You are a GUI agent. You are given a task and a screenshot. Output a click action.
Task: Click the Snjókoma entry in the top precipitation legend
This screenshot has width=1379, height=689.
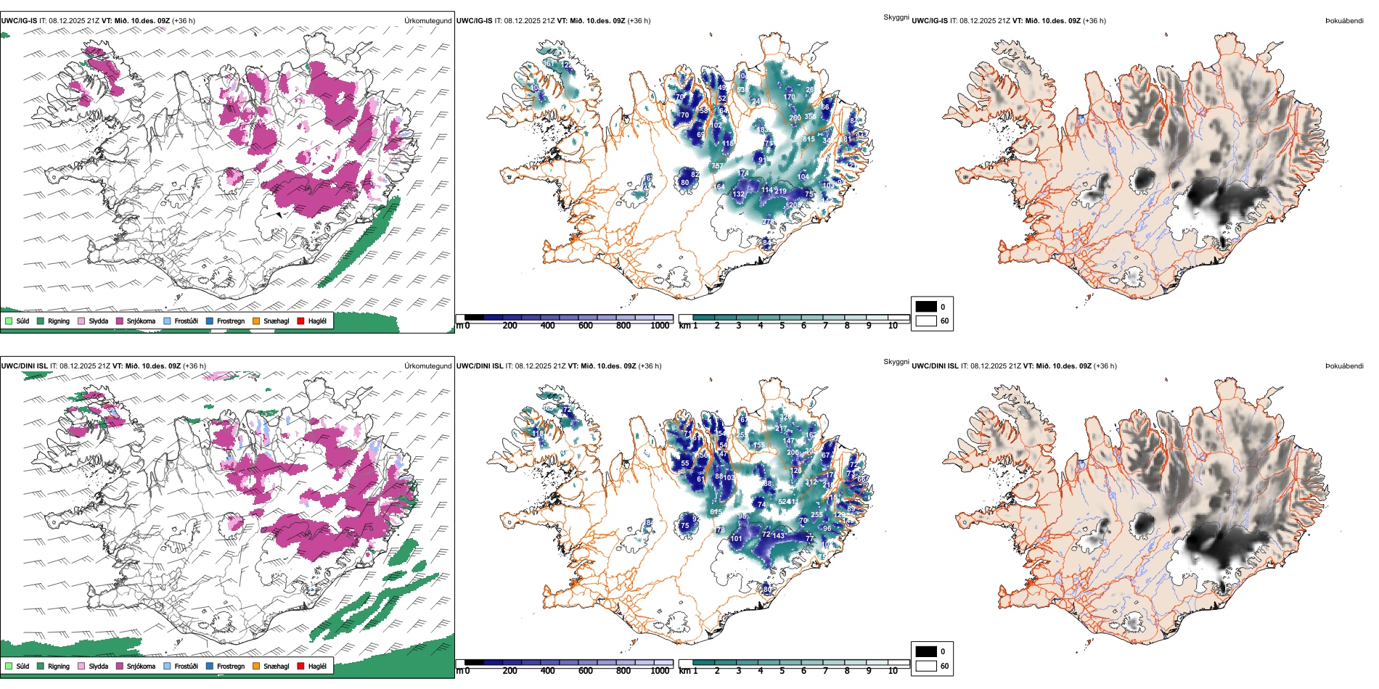[x=141, y=321]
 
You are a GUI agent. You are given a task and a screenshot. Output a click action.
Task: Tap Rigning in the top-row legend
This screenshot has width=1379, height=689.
[x=59, y=321]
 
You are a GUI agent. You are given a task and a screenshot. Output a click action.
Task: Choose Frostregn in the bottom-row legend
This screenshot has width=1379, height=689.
[x=231, y=667]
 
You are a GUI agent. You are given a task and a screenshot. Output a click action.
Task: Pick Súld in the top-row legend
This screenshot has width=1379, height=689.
[x=22, y=321]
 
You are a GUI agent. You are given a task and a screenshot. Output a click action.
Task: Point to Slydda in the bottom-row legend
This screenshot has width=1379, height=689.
[x=98, y=667]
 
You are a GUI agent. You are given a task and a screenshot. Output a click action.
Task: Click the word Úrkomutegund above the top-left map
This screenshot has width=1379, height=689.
[x=427, y=21]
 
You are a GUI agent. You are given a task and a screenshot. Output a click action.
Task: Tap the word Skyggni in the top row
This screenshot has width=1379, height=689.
[x=896, y=17]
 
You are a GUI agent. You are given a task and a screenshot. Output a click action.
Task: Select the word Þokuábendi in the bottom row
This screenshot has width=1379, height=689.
[x=1344, y=366]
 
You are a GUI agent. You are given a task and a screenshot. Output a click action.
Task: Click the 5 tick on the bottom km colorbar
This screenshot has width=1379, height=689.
[x=782, y=671]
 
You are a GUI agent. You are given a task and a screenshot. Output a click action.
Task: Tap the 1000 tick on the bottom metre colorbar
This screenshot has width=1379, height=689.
[x=660, y=671]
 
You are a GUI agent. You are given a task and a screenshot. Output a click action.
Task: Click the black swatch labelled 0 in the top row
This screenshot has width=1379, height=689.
[x=926, y=307]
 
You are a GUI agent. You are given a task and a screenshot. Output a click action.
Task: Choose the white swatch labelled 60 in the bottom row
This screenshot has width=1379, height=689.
[x=926, y=666]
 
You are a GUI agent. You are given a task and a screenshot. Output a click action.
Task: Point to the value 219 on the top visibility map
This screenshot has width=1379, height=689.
[x=780, y=191]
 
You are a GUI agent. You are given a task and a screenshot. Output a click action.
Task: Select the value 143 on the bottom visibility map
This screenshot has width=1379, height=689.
[x=778, y=536]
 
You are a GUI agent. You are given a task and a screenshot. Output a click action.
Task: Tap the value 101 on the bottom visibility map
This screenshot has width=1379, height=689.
[x=736, y=539]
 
